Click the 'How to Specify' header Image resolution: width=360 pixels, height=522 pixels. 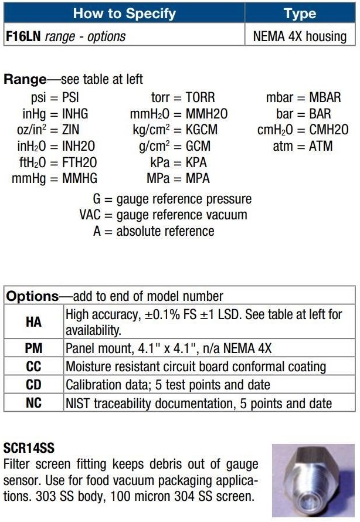point(124,13)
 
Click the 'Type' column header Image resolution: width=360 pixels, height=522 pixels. point(300,13)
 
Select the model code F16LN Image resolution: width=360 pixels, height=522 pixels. point(23,36)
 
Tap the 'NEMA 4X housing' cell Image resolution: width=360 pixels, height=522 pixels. point(300,36)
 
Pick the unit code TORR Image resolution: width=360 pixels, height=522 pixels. point(200,97)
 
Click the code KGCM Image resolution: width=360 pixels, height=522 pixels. point(205,130)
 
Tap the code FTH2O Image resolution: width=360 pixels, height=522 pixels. point(80,162)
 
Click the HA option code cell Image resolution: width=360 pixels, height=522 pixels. point(34,322)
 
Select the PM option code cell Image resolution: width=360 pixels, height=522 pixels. point(34,348)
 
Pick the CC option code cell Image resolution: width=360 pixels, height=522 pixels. point(34,367)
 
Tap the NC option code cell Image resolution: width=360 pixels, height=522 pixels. point(34,404)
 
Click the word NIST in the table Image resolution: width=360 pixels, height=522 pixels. point(79,404)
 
